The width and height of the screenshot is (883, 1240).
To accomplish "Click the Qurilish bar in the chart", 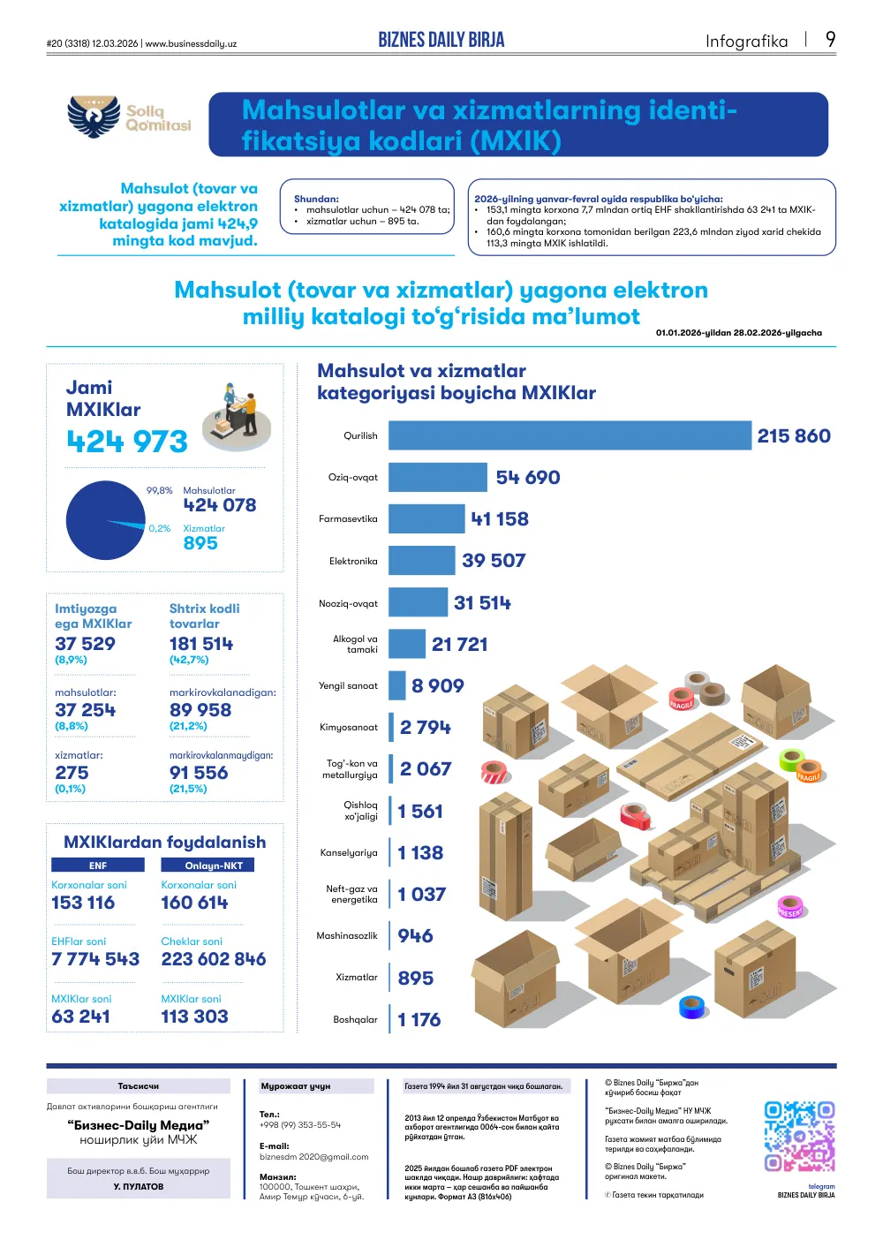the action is [x=570, y=435].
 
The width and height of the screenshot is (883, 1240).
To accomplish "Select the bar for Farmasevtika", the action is [x=426, y=518].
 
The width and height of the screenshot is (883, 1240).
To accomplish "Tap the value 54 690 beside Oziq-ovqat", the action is [x=527, y=477].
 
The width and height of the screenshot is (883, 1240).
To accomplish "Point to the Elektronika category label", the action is [x=353, y=561].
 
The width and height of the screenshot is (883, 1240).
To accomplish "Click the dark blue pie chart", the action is [x=105, y=520].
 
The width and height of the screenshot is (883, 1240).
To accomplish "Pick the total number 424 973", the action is [x=127, y=442].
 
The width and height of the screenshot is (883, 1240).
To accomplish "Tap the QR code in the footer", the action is [x=799, y=1137].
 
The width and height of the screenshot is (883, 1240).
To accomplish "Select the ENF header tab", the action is [x=98, y=865].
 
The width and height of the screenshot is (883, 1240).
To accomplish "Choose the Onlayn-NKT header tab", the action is [x=208, y=865].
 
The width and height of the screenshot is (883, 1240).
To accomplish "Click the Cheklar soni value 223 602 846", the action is [x=214, y=959].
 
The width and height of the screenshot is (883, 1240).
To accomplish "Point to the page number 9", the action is [x=830, y=39].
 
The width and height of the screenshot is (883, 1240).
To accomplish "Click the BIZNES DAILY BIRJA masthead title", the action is [x=441, y=40].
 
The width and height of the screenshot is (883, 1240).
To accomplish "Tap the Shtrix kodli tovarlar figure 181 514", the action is [x=201, y=643].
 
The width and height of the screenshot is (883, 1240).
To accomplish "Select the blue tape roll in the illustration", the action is [x=692, y=1007].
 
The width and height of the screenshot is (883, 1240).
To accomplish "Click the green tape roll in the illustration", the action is [x=791, y=760].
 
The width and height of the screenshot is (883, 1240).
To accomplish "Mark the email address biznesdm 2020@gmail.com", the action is [x=313, y=1156].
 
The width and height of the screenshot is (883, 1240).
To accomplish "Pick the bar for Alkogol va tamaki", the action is [x=407, y=644].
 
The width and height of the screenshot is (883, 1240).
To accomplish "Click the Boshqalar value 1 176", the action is [x=419, y=1019].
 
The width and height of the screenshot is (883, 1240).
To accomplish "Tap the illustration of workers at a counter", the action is [x=237, y=416].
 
